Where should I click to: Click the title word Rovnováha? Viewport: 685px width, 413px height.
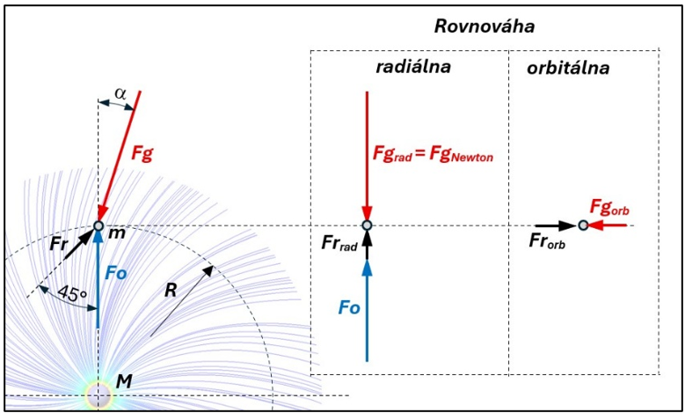click(485, 26)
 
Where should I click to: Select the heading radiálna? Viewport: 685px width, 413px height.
click(413, 68)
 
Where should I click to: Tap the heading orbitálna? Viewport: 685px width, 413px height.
click(568, 69)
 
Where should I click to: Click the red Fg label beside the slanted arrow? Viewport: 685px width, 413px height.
click(142, 155)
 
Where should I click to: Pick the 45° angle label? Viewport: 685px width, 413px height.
click(72, 293)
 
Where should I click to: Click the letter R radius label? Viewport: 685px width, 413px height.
click(170, 290)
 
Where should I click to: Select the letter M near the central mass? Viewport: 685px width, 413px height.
click(124, 383)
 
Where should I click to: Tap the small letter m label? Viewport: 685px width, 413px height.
click(117, 233)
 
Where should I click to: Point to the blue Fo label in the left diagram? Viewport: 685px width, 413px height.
click(116, 274)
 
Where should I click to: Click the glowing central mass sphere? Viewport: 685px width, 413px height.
click(98, 396)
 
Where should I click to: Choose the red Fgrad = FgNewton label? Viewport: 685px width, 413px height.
click(433, 155)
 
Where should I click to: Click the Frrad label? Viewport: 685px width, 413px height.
click(339, 244)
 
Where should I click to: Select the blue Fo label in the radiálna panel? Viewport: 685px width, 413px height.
click(349, 308)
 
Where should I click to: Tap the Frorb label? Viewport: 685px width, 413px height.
click(547, 242)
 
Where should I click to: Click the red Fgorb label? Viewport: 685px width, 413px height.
click(609, 207)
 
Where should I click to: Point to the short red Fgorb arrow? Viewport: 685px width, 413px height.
click(608, 225)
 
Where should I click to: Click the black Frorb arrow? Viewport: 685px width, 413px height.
click(557, 225)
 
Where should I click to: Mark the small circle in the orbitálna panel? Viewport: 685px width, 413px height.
click(583, 225)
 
